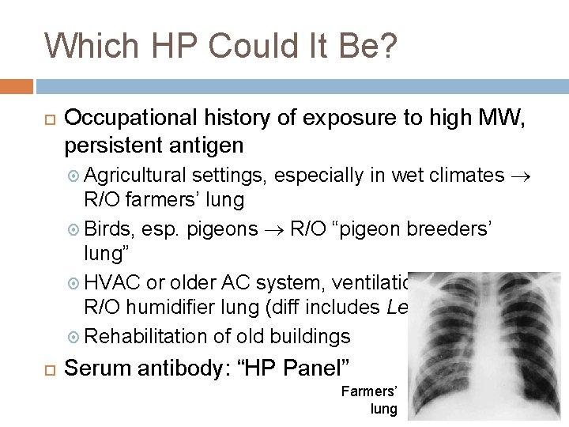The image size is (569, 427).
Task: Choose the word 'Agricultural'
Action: [x=136, y=175]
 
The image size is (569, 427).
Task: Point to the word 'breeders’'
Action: [x=450, y=229]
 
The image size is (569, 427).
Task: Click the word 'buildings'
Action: [x=311, y=336]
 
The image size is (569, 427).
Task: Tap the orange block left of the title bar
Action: [x=17, y=85]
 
